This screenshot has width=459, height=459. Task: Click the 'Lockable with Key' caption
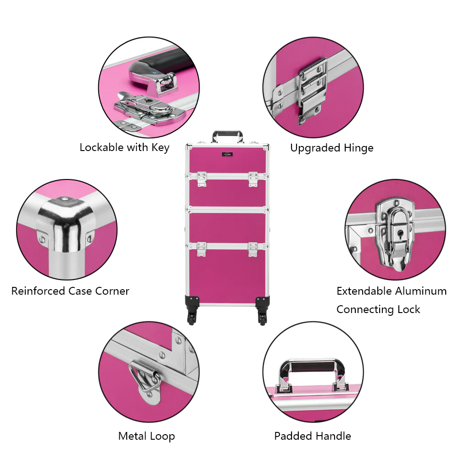124,147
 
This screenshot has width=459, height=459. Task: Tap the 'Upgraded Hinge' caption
332,148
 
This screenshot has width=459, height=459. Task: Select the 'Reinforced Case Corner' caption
70,291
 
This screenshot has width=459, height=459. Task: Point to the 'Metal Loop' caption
147,436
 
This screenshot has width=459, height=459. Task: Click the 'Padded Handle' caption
313,436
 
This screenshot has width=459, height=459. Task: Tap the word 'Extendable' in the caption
364,291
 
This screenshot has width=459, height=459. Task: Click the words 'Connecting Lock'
378,309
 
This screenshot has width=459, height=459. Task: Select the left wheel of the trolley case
192,318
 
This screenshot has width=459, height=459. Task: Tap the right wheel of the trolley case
263,318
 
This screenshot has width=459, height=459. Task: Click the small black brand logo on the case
228,154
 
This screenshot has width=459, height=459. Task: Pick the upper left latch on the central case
202,179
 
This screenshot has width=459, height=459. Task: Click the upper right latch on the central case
253,179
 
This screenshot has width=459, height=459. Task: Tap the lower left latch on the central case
202,249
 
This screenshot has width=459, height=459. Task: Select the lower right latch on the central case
253,249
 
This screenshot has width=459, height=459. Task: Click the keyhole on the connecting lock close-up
400,234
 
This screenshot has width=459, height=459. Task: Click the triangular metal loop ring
144,378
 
